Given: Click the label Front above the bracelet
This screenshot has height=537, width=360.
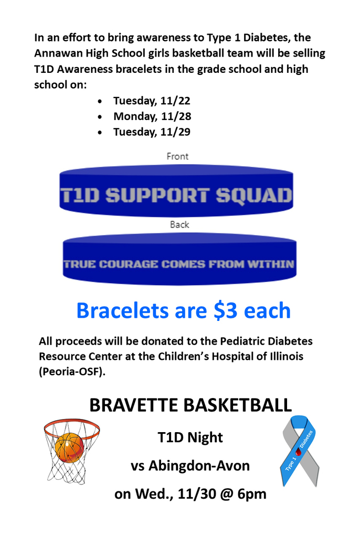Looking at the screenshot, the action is pyautogui.click(x=177, y=156).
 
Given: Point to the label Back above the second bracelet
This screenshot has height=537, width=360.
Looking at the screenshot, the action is pyautogui.click(x=179, y=224).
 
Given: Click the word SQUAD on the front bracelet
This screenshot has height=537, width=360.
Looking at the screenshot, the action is pyautogui.click(x=253, y=196).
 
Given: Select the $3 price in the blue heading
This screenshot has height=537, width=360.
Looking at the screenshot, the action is pyautogui.click(x=225, y=310).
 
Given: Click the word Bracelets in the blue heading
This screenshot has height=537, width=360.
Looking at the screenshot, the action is pyautogui.click(x=122, y=310).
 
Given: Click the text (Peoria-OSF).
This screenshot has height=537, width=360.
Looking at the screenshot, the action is pyautogui.click(x=72, y=371).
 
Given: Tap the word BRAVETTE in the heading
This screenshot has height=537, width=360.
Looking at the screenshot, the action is pyautogui.click(x=134, y=405).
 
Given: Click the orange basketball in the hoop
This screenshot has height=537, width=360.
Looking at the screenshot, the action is pyautogui.click(x=69, y=447).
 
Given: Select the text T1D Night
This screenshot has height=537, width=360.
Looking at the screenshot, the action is pyautogui.click(x=190, y=437).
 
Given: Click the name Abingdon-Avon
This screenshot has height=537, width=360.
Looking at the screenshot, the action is pyautogui.click(x=199, y=466).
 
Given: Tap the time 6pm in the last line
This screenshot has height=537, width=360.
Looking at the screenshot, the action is pyautogui.click(x=252, y=494).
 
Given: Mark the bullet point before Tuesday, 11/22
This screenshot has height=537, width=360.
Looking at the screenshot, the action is pyautogui.click(x=100, y=101).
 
